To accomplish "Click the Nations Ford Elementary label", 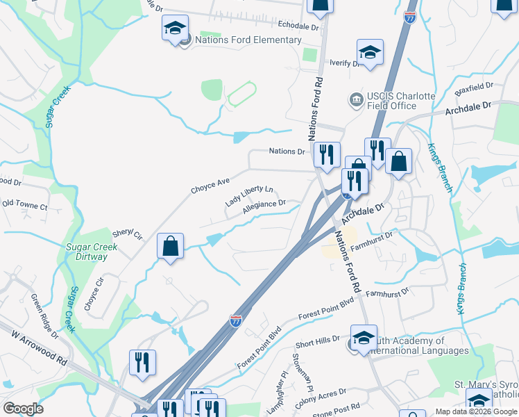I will pos(248,40).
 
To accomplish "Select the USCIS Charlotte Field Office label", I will pos(392,101).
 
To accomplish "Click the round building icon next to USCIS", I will pos(356,100).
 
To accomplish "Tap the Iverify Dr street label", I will pos(345,63).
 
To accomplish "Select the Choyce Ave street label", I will pos(210,186).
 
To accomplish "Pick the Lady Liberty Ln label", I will pos(249,195).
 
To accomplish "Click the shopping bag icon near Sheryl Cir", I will pos(170,245).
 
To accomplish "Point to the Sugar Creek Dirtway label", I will pos(87,252).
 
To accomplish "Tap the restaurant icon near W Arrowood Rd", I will pos(142,362).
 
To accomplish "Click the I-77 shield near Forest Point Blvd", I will pos(236,320).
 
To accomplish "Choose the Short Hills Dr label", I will pos(317,342).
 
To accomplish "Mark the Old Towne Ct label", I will pos(25,206).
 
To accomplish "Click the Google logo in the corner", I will pos(23,409).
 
